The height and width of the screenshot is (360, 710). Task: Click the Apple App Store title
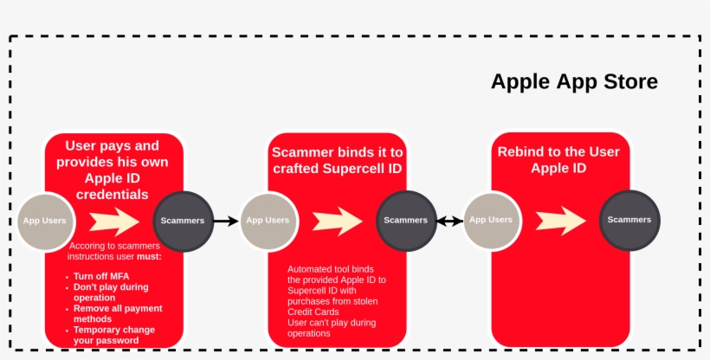(x=574, y=82)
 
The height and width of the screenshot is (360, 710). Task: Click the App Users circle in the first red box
(x=43, y=221)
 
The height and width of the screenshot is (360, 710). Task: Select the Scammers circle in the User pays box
(x=183, y=221)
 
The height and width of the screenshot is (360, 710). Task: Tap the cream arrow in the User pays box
(x=113, y=221)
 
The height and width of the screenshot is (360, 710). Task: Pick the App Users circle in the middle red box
(x=268, y=221)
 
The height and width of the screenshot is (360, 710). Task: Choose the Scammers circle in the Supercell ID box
(x=406, y=221)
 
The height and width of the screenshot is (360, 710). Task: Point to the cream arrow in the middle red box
(x=337, y=221)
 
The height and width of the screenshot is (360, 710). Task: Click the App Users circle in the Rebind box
(x=491, y=221)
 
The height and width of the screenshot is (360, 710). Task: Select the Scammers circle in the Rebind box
(x=629, y=221)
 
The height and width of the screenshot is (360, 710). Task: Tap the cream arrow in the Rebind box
(x=560, y=221)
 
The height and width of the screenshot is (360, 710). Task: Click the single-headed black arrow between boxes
(x=225, y=222)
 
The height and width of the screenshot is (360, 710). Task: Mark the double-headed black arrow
(x=449, y=222)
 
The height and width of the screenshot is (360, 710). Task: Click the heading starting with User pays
(x=113, y=170)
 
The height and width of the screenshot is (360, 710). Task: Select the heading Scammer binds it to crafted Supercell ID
(x=337, y=160)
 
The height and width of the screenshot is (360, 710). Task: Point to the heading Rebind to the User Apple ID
(x=558, y=160)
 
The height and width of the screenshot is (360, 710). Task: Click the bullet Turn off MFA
(x=101, y=276)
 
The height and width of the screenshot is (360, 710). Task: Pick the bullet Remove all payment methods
(x=118, y=313)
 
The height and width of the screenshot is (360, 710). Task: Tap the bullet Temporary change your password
(x=114, y=335)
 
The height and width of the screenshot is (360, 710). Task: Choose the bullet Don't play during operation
(x=111, y=292)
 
